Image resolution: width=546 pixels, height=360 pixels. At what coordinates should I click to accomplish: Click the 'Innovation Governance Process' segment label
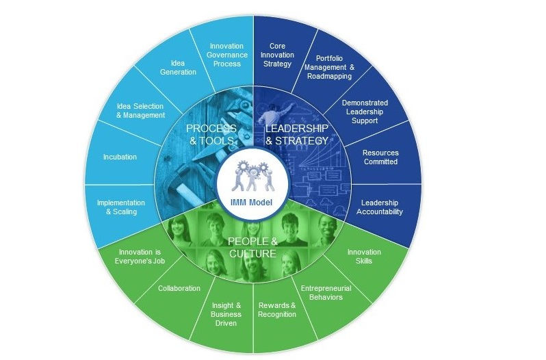[x=226, y=55]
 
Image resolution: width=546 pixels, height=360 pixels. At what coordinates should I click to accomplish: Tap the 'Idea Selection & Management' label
[x=141, y=110]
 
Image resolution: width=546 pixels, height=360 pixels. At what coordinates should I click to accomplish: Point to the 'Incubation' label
[x=120, y=157]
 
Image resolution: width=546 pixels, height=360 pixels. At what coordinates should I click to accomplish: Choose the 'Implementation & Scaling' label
[x=121, y=207]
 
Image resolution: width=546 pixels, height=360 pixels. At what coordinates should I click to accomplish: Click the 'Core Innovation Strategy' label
[x=277, y=55]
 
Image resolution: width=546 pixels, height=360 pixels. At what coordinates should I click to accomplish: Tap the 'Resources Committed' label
[x=380, y=157]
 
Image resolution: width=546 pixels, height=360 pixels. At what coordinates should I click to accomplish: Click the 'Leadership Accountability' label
[x=380, y=207]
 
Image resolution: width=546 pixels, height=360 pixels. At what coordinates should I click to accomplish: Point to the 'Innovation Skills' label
[x=364, y=256]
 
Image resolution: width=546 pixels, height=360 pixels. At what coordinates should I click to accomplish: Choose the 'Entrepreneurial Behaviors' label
[x=326, y=292]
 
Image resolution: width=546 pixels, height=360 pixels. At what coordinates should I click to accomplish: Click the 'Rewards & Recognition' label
[x=277, y=309]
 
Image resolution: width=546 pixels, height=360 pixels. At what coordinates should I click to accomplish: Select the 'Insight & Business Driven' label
[x=225, y=313]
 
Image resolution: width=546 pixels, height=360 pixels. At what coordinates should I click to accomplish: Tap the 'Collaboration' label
[x=179, y=288]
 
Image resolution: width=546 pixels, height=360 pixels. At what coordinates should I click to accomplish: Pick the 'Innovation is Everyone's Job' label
[x=139, y=256]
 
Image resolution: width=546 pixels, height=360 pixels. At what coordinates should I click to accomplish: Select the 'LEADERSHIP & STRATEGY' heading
[x=297, y=134]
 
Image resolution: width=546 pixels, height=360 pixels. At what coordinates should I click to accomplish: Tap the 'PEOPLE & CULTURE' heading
[x=252, y=247]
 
